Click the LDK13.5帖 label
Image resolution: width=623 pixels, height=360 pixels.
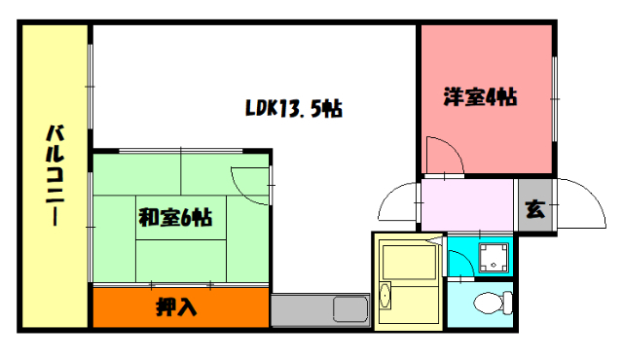click(x=292, y=107)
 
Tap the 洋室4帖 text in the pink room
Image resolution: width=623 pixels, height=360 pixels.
click(x=480, y=96)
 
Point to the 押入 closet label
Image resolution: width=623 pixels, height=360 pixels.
click(x=177, y=308)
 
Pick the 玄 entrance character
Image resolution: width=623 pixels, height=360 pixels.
click(x=534, y=207)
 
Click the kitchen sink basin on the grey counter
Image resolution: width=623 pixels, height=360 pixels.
click(x=348, y=310)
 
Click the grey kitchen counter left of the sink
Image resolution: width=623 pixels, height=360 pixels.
click(x=300, y=311)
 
